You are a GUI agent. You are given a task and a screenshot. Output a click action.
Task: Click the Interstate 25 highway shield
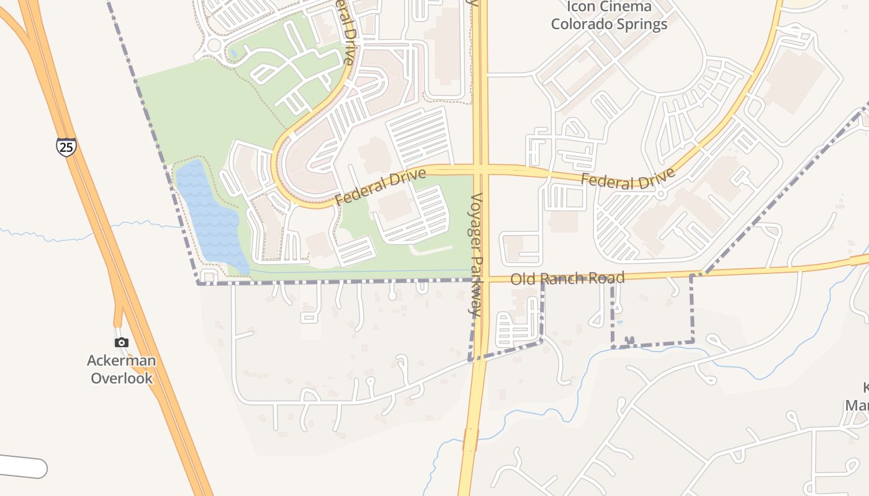(66, 147)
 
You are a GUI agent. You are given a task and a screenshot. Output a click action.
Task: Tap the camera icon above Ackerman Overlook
(122, 342)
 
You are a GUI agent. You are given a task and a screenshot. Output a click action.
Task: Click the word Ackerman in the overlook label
(121, 360)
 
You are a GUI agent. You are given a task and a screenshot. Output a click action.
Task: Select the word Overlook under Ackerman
(122, 378)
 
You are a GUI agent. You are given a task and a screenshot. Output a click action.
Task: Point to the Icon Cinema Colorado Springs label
(609, 15)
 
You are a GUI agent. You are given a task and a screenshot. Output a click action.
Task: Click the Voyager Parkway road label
(476, 255)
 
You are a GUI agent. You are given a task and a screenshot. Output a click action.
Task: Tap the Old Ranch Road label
(567, 278)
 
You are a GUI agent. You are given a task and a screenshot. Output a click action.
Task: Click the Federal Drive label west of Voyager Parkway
(381, 187)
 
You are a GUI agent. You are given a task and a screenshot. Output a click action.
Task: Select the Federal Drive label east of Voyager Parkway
(628, 180)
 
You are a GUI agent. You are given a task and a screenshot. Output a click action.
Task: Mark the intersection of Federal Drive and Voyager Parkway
(480, 169)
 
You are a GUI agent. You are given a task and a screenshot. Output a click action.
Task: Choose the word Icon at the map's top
(581, 7)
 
